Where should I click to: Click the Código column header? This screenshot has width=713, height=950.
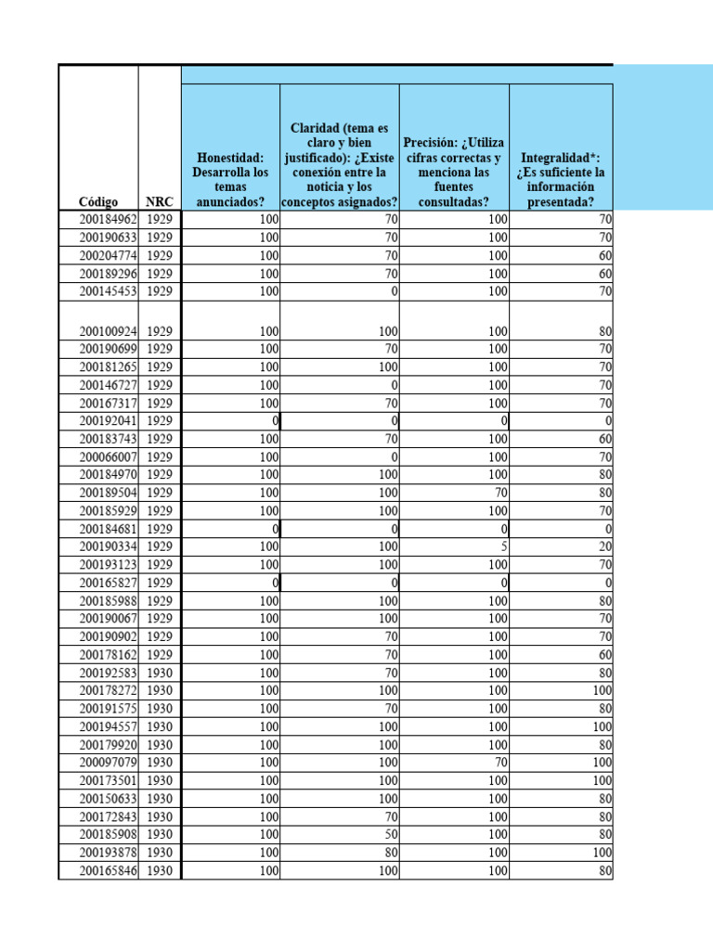[97, 201]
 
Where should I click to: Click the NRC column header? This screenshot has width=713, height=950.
[159, 201]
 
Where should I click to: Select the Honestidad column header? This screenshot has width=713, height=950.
[230, 180]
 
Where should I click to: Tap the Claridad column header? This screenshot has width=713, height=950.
[339, 165]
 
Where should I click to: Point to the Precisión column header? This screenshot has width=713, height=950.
[454, 173]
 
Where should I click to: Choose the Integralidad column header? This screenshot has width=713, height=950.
[563, 180]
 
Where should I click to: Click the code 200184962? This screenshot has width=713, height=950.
[108, 220]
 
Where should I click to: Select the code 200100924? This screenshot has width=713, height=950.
[108, 331]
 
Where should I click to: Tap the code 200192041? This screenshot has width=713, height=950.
[108, 421]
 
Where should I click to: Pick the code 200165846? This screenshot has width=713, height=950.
[108, 871]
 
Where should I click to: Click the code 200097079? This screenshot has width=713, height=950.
[108, 763]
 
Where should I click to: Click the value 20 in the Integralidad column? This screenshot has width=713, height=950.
[604, 547]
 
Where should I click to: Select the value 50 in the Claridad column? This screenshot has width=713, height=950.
[391, 835]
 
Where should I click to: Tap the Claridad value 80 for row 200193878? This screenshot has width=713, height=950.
[391, 853]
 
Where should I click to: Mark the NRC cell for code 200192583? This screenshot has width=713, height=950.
[160, 673]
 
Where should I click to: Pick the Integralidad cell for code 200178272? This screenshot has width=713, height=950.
[600, 691]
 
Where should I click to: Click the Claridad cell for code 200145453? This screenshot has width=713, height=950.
[395, 291]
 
